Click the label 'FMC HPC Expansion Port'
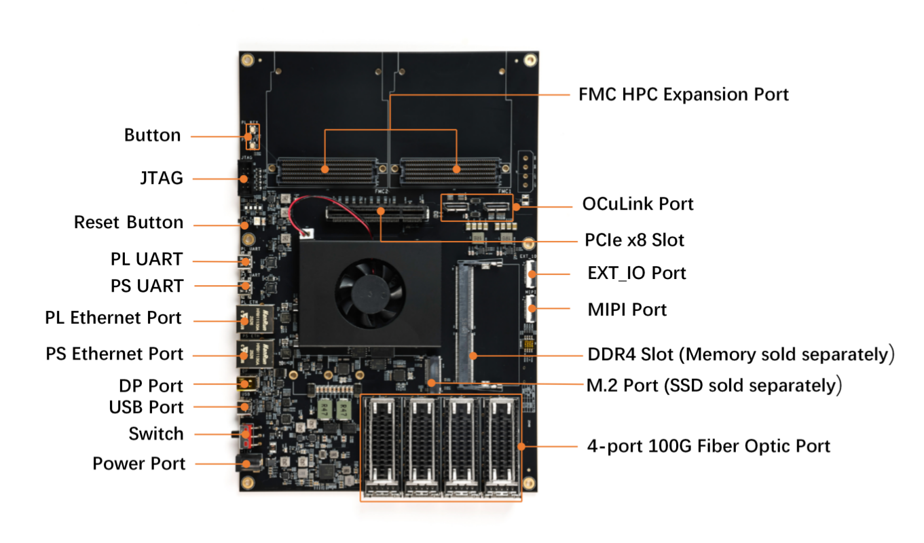click(x=683, y=94)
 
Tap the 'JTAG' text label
click(x=162, y=178)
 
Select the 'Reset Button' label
click(x=128, y=223)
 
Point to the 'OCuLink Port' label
click(x=637, y=204)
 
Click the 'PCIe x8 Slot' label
click(x=634, y=240)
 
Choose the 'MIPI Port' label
click(x=627, y=310)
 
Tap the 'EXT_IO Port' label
click(x=637, y=273)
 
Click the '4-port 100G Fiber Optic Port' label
click(x=708, y=446)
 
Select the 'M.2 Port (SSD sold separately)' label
click(x=714, y=385)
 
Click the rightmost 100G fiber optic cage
click(x=500, y=446)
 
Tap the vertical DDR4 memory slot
click(x=466, y=322)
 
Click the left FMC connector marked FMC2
click(x=326, y=172)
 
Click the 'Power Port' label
click(x=138, y=464)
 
